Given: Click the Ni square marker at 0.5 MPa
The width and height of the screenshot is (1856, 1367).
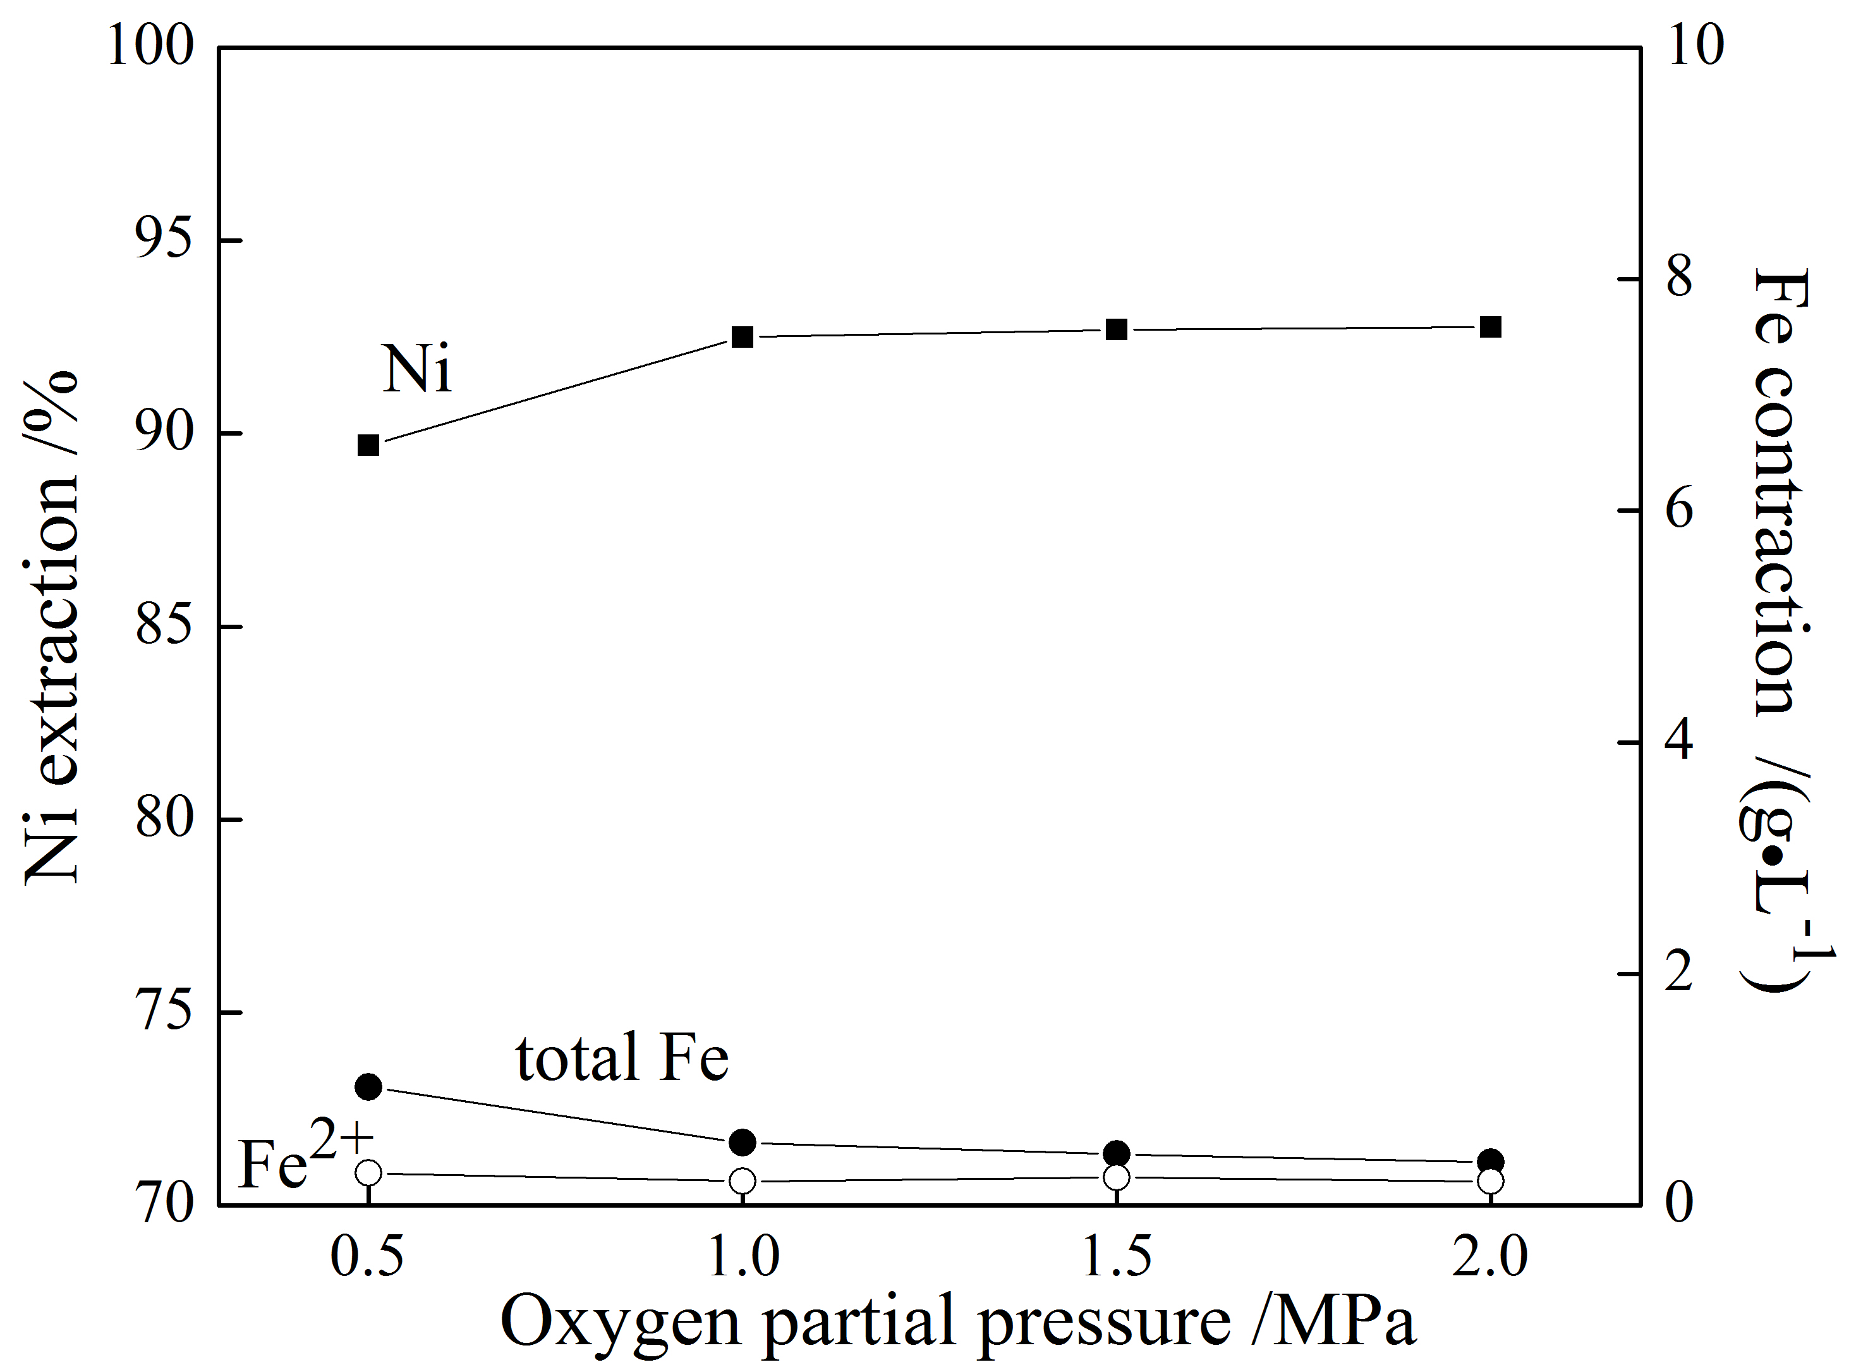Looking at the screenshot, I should (x=368, y=445).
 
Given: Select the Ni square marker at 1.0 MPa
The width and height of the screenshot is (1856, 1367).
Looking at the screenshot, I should (x=742, y=337).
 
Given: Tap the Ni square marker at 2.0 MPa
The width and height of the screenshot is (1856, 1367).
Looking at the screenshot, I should (x=1490, y=327).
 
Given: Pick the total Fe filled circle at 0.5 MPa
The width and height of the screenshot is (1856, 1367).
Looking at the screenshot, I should (x=368, y=1086).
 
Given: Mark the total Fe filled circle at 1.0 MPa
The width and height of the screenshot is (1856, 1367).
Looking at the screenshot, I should (x=742, y=1143).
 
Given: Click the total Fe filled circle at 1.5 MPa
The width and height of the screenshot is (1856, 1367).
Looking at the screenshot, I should (x=1117, y=1153).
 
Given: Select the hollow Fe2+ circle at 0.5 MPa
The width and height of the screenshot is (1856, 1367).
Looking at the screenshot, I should (x=368, y=1172).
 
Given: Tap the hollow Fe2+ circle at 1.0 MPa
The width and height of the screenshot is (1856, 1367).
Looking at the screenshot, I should (x=742, y=1181).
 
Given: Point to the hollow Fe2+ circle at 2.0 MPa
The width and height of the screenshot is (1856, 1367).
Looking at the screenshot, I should (x=1490, y=1181).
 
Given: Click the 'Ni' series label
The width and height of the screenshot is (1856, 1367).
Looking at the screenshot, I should (x=417, y=369).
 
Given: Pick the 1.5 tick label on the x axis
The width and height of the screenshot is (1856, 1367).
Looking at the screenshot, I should (x=1117, y=1256).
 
